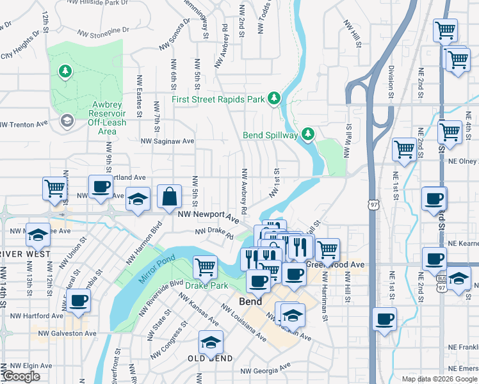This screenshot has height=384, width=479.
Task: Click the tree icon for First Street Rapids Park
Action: pyautogui.click(x=274, y=98)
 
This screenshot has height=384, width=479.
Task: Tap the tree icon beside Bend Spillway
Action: pyautogui.click(x=308, y=134)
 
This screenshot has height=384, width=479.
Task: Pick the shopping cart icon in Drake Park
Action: pyautogui.click(x=205, y=266)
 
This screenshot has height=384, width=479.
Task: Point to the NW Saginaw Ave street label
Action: pyautogui.click(x=167, y=141)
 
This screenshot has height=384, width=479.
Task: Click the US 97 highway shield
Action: pyautogui.click(x=373, y=204)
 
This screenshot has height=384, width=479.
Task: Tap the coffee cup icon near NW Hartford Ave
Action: pyautogui.click(x=78, y=301)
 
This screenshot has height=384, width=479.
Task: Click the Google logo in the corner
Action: pyautogui.click(x=20, y=377)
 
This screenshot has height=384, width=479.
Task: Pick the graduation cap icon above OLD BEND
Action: pyautogui.click(x=211, y=342)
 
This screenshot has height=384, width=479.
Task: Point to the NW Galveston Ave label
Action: pyautogui.click(x=67, y=333)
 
